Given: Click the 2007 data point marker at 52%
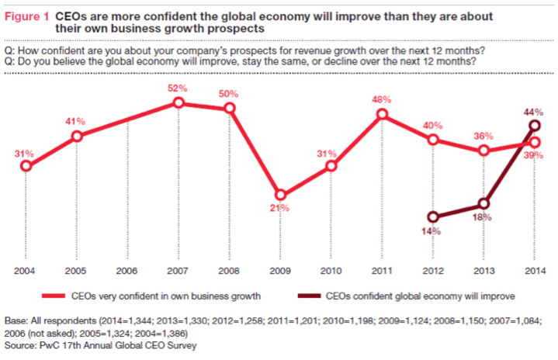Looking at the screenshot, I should coord(179,102).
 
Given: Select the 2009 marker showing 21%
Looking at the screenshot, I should coord(281,196).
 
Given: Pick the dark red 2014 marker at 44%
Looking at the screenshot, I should coord(535,125).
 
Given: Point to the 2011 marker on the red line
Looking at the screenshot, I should coord(382,115).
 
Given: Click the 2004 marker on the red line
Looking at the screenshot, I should coord(26,165).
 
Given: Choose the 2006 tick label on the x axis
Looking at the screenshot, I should coord(128,272).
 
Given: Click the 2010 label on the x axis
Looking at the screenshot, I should coord(331,272).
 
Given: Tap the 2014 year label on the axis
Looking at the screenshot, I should coord(535,272).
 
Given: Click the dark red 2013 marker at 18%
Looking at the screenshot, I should coord(484,204).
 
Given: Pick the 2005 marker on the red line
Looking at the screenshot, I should coord(78,137).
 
